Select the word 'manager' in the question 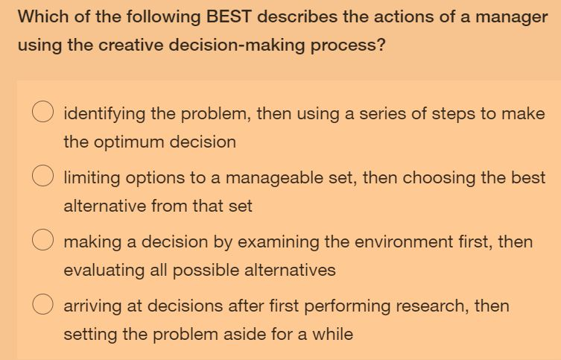pyautogui.click(x=513, y=17)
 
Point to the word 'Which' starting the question pyautogui.click(x=41, y=17)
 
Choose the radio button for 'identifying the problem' pyautogui.click(x=41, y=114)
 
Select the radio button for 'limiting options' pyautogui.click(x=41, y=177)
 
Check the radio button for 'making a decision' pyautogui.click(x=41, y=241)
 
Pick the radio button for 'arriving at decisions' pyautogui.click(x=41, y=306)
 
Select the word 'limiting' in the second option pyautogui.click(x=91, y=177)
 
